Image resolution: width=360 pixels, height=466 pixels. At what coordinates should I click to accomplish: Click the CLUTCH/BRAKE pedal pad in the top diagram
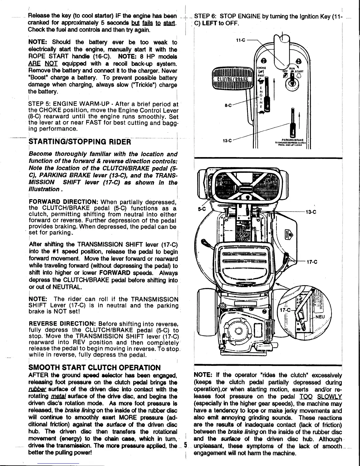click(232, 79)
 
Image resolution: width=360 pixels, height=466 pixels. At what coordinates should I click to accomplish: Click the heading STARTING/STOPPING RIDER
click(79, 142)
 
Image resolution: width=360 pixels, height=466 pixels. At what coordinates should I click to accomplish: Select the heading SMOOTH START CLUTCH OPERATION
click(95, 368)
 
